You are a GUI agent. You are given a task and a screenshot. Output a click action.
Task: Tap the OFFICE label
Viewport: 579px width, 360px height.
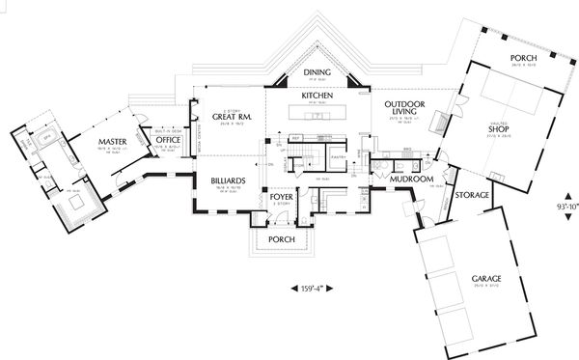169,141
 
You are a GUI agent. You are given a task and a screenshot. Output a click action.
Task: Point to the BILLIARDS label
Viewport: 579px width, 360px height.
227,180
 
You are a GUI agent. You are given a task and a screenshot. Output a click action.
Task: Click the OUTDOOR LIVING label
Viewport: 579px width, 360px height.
401,109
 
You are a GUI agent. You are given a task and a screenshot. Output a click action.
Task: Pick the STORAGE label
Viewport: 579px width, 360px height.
473,196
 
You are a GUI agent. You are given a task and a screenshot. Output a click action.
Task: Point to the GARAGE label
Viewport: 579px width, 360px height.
485,278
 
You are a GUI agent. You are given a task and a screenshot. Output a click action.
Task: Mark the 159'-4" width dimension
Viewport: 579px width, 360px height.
307,287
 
